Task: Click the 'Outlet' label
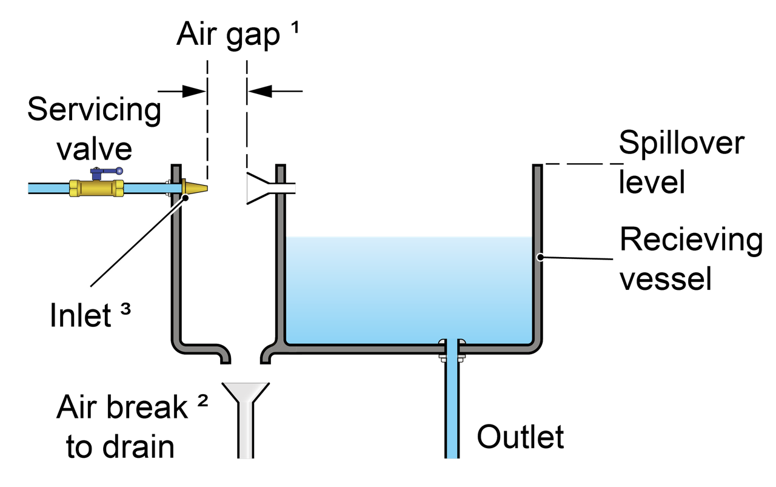520,437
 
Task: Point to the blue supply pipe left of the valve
48,189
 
